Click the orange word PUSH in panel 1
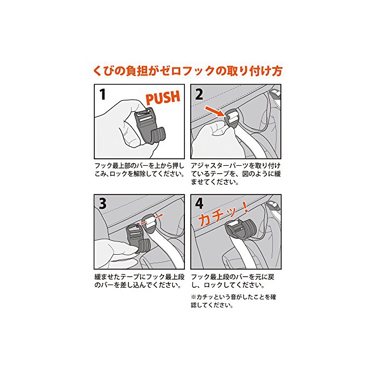click(163, 97)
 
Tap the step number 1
click(102, 94)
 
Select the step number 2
click(199, 94)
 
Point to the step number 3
click(102, 204)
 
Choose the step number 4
click(199, 204)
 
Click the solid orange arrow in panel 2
click(215, 111)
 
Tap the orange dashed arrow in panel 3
click(151, 220)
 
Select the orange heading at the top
click(188, 71)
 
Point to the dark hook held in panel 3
click(138, 239)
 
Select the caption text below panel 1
click(140, 169)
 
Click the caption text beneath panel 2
click(236, 174)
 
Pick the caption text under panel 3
click(140, 281)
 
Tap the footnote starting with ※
click(233, 301)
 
